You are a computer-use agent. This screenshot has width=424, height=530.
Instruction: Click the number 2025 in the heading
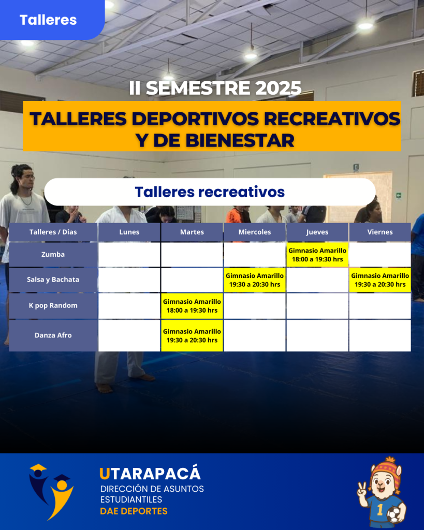tap(279, 88)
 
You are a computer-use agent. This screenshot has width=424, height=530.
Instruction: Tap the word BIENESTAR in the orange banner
tap(240, 140)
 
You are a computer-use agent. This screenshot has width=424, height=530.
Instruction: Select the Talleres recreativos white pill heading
tap(210, 192)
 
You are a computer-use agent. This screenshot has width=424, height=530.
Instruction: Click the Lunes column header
tap(129, 232)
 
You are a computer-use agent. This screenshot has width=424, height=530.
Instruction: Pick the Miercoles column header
tap(255, 232)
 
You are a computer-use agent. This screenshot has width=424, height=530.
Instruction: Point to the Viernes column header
tap(380, 232)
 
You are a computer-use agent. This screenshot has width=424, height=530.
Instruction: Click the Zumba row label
tap(53, 254)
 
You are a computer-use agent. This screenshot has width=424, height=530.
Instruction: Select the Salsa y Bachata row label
tap(53, 279)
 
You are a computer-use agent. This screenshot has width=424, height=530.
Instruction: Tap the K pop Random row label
tap(53, 305)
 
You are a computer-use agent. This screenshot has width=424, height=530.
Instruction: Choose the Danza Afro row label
tap(53, 335)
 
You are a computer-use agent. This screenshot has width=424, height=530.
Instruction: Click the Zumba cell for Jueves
tap(317, 255)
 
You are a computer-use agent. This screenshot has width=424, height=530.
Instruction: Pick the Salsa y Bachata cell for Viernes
tap(380, 280)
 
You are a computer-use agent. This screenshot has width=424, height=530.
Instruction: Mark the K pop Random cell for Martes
tap(192, 306)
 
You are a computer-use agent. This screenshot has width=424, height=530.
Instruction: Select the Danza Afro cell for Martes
tap(192, 335)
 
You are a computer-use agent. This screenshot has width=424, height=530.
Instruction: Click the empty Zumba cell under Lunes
tap(129, 255)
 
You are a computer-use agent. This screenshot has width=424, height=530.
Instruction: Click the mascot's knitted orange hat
tap(386, 470)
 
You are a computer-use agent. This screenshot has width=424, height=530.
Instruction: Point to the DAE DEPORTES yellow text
tap(134, 511)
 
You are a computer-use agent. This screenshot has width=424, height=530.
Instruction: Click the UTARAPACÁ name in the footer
tap(150, 474)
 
